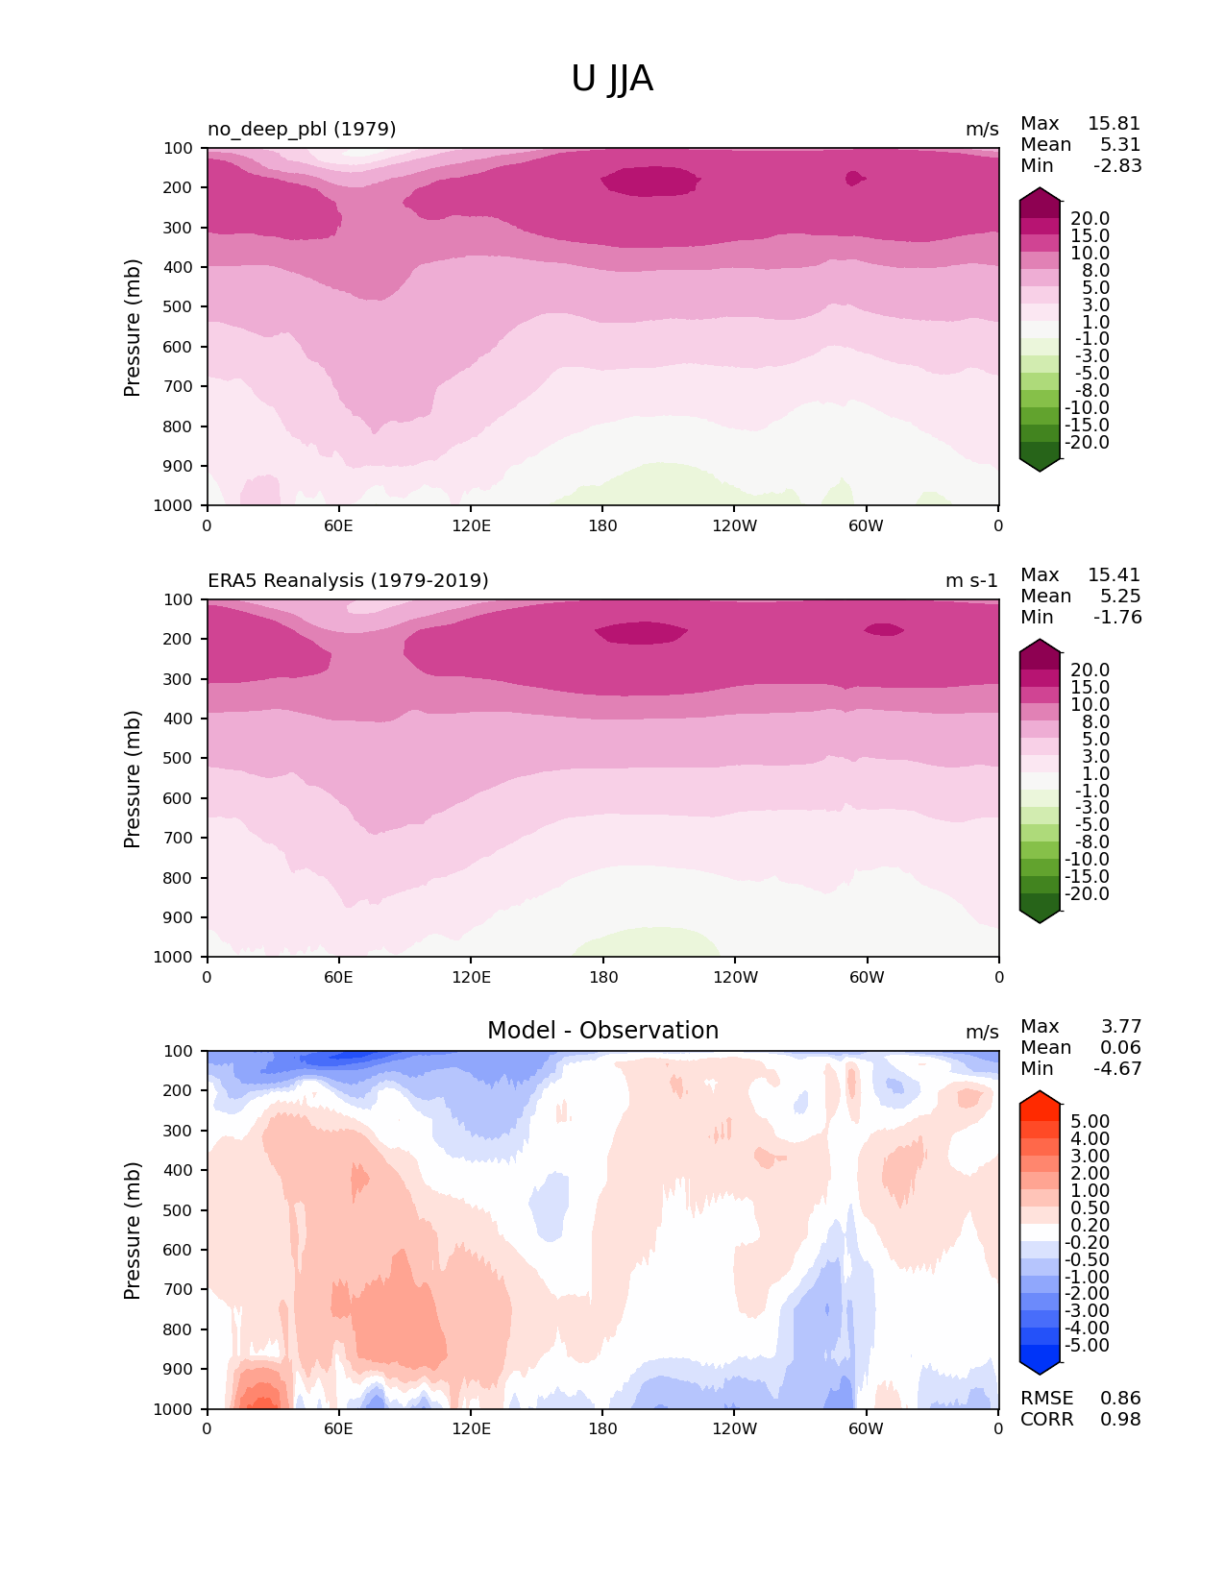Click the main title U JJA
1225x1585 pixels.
[612, 79]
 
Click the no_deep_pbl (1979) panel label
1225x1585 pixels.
[302, 129]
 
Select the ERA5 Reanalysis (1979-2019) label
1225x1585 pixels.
[348, 580]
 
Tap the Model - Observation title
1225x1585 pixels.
[602, 1031]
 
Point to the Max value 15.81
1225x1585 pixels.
[1114, 124]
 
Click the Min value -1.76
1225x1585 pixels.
[1117, 618]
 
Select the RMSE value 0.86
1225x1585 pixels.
[1120, 1399]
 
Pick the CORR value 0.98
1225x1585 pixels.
[1120, 1420]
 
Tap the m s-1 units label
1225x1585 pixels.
[971, 581]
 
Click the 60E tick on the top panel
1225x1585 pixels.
[338, 525]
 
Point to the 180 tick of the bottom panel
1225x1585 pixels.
[602, 1428]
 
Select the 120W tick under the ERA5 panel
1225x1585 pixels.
[735, 977]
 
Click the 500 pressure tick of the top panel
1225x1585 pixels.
[179, 307]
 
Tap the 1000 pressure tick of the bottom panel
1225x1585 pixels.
[174, 1409]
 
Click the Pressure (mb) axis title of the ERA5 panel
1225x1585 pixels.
[133, 779]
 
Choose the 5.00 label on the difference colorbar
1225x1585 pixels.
[1090, 1122]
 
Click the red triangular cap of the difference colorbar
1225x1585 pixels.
[1040, 1098]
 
